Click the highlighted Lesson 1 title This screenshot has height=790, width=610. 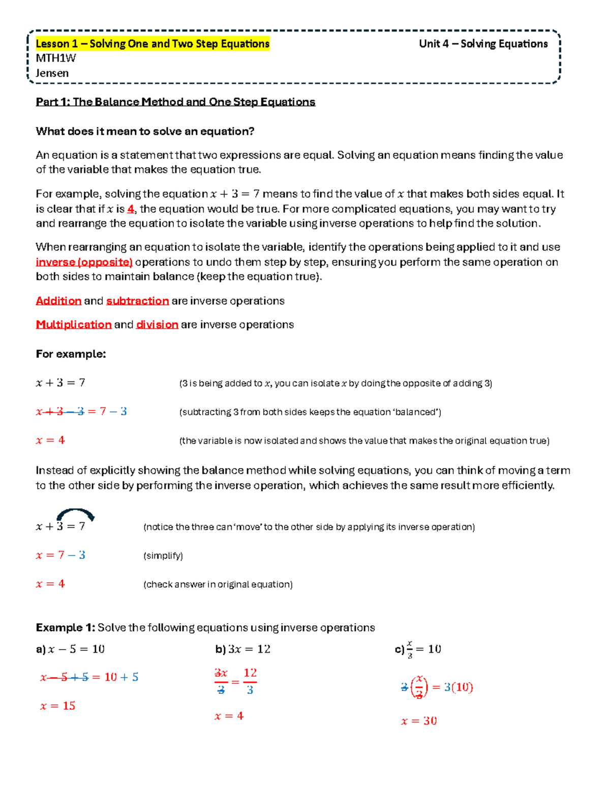(152, 44)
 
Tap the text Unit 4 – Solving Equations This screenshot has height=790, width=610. (483, 44)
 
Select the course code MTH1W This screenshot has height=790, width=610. (55, 58)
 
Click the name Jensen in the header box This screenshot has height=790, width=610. (52, 73)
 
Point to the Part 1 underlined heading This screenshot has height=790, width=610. (175, 102)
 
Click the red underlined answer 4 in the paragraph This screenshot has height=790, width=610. (131, 209)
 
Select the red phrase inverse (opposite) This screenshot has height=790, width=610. (84, 262)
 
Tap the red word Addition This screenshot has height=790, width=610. (58, 301)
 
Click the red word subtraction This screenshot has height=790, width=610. (137, 301)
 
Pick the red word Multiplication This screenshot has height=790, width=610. (74, 325)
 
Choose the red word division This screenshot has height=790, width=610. (157, 325)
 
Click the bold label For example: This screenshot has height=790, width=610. (71, 354)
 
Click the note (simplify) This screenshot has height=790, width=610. (163, 555)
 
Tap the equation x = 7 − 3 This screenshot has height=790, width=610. (60, 555)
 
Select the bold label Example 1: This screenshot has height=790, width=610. (65, 627)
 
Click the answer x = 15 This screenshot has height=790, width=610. (58, 706)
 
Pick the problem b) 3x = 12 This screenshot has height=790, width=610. (243, 649)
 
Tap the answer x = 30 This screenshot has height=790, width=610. (419, 721)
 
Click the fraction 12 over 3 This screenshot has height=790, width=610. (250, 681)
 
